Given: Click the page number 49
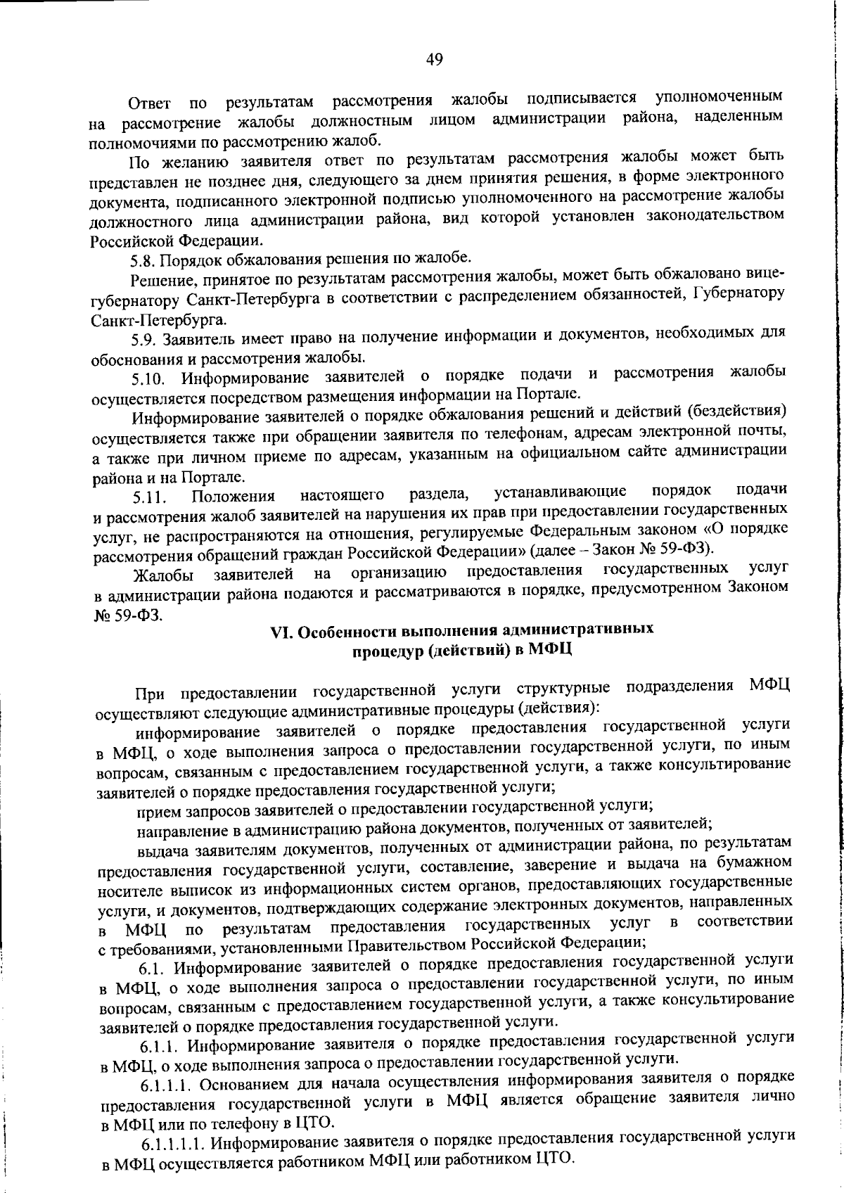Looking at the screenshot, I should point(434,60).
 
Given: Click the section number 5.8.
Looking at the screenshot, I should point(143,260).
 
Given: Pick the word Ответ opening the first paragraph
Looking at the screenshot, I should point(150,104).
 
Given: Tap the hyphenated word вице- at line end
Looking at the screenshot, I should point(762,272).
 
